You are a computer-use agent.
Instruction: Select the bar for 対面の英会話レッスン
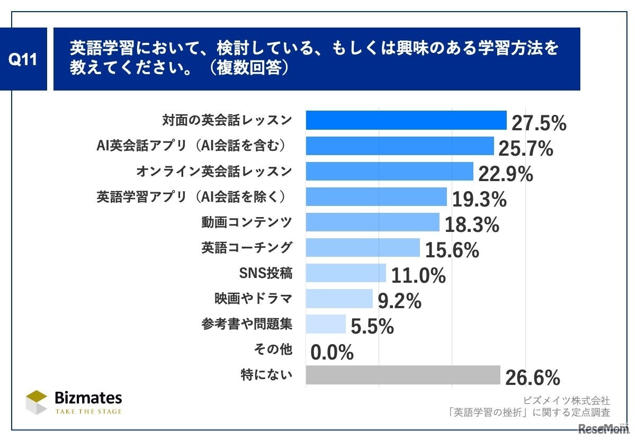tap(406, 120)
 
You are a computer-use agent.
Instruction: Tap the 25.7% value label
tap(525, 149)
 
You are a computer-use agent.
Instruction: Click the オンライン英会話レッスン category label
tap(214, 171)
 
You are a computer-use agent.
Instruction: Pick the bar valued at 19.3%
tap(376, 197)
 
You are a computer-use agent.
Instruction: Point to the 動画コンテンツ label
tap(246, 222)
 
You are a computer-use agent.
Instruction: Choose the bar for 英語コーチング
tap(363, 247)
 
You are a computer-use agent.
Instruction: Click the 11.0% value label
tap(418, 276)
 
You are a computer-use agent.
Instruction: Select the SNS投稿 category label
tap(266, 273)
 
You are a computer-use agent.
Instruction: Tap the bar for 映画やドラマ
tap(339, 299)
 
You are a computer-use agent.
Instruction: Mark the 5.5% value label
tap(372, 327)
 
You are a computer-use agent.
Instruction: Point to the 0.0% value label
tap(332, 353)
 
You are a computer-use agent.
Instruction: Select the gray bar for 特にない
tap(403, 375)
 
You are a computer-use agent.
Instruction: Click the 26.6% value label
tap(532, 378)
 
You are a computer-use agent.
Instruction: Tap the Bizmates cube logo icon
tap(37, 402)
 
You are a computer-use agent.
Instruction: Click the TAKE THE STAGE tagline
tap(88, 411)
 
